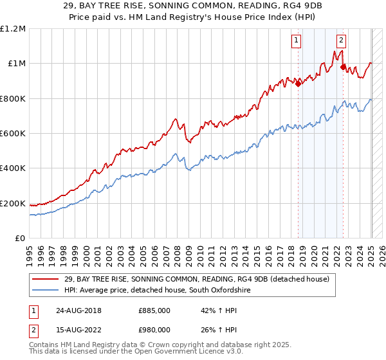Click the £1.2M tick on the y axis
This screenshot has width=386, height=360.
click(12, 28)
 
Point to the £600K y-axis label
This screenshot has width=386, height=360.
click(12, 134)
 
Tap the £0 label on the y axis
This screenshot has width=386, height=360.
click(21, 239)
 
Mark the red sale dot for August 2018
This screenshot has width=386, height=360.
click(299, 83)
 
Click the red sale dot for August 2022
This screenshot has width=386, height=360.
click(344, 66)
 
